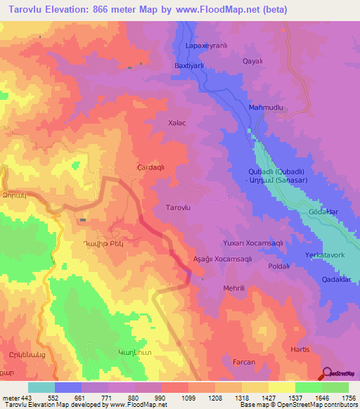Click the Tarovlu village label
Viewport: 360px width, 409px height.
coord(177,208)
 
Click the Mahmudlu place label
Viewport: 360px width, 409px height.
coord(266,108)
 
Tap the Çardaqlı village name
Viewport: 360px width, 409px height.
coord(150,168)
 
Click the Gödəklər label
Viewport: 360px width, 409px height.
coord(323,212)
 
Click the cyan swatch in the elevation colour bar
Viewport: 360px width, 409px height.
coord(41,387)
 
